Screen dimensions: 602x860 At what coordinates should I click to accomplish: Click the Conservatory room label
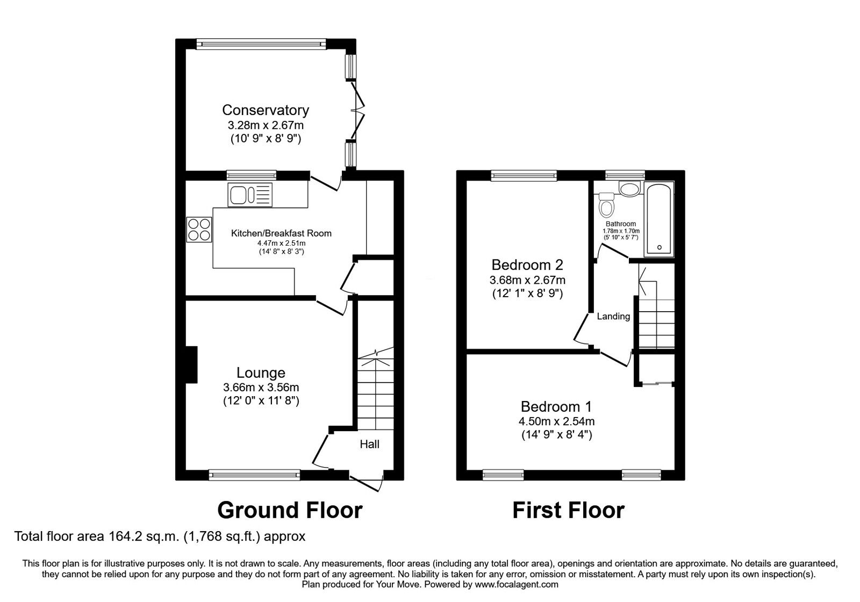coord(266,110)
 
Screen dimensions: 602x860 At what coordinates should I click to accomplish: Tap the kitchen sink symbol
coord(250,195)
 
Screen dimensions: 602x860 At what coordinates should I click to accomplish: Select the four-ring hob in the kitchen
coord(199,229)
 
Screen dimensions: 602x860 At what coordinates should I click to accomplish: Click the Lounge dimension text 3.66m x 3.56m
coord(261,388)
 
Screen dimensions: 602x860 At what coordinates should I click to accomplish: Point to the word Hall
coord(369,444)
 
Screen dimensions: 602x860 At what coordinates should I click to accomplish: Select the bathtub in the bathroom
coord(659,219)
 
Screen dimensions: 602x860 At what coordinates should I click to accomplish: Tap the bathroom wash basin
coord(628,189)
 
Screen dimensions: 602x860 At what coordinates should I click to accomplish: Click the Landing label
coord(613,317)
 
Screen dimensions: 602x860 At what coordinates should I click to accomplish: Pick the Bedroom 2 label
coord(527,265)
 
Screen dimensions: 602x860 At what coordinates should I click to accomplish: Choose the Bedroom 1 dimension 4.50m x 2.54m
coord(556,422)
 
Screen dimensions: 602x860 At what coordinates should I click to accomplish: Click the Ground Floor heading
coord(290,510)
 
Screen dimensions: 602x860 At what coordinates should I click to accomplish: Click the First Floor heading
coord(568,510)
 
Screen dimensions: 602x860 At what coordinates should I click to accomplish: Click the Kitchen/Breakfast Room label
coord(281,233)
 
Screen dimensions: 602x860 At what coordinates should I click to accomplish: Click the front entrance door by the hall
coord(367,482)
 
